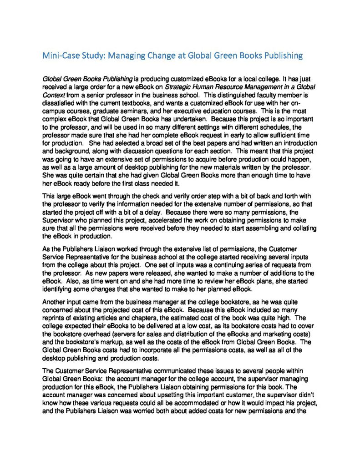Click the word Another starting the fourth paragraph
coord(54,302)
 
